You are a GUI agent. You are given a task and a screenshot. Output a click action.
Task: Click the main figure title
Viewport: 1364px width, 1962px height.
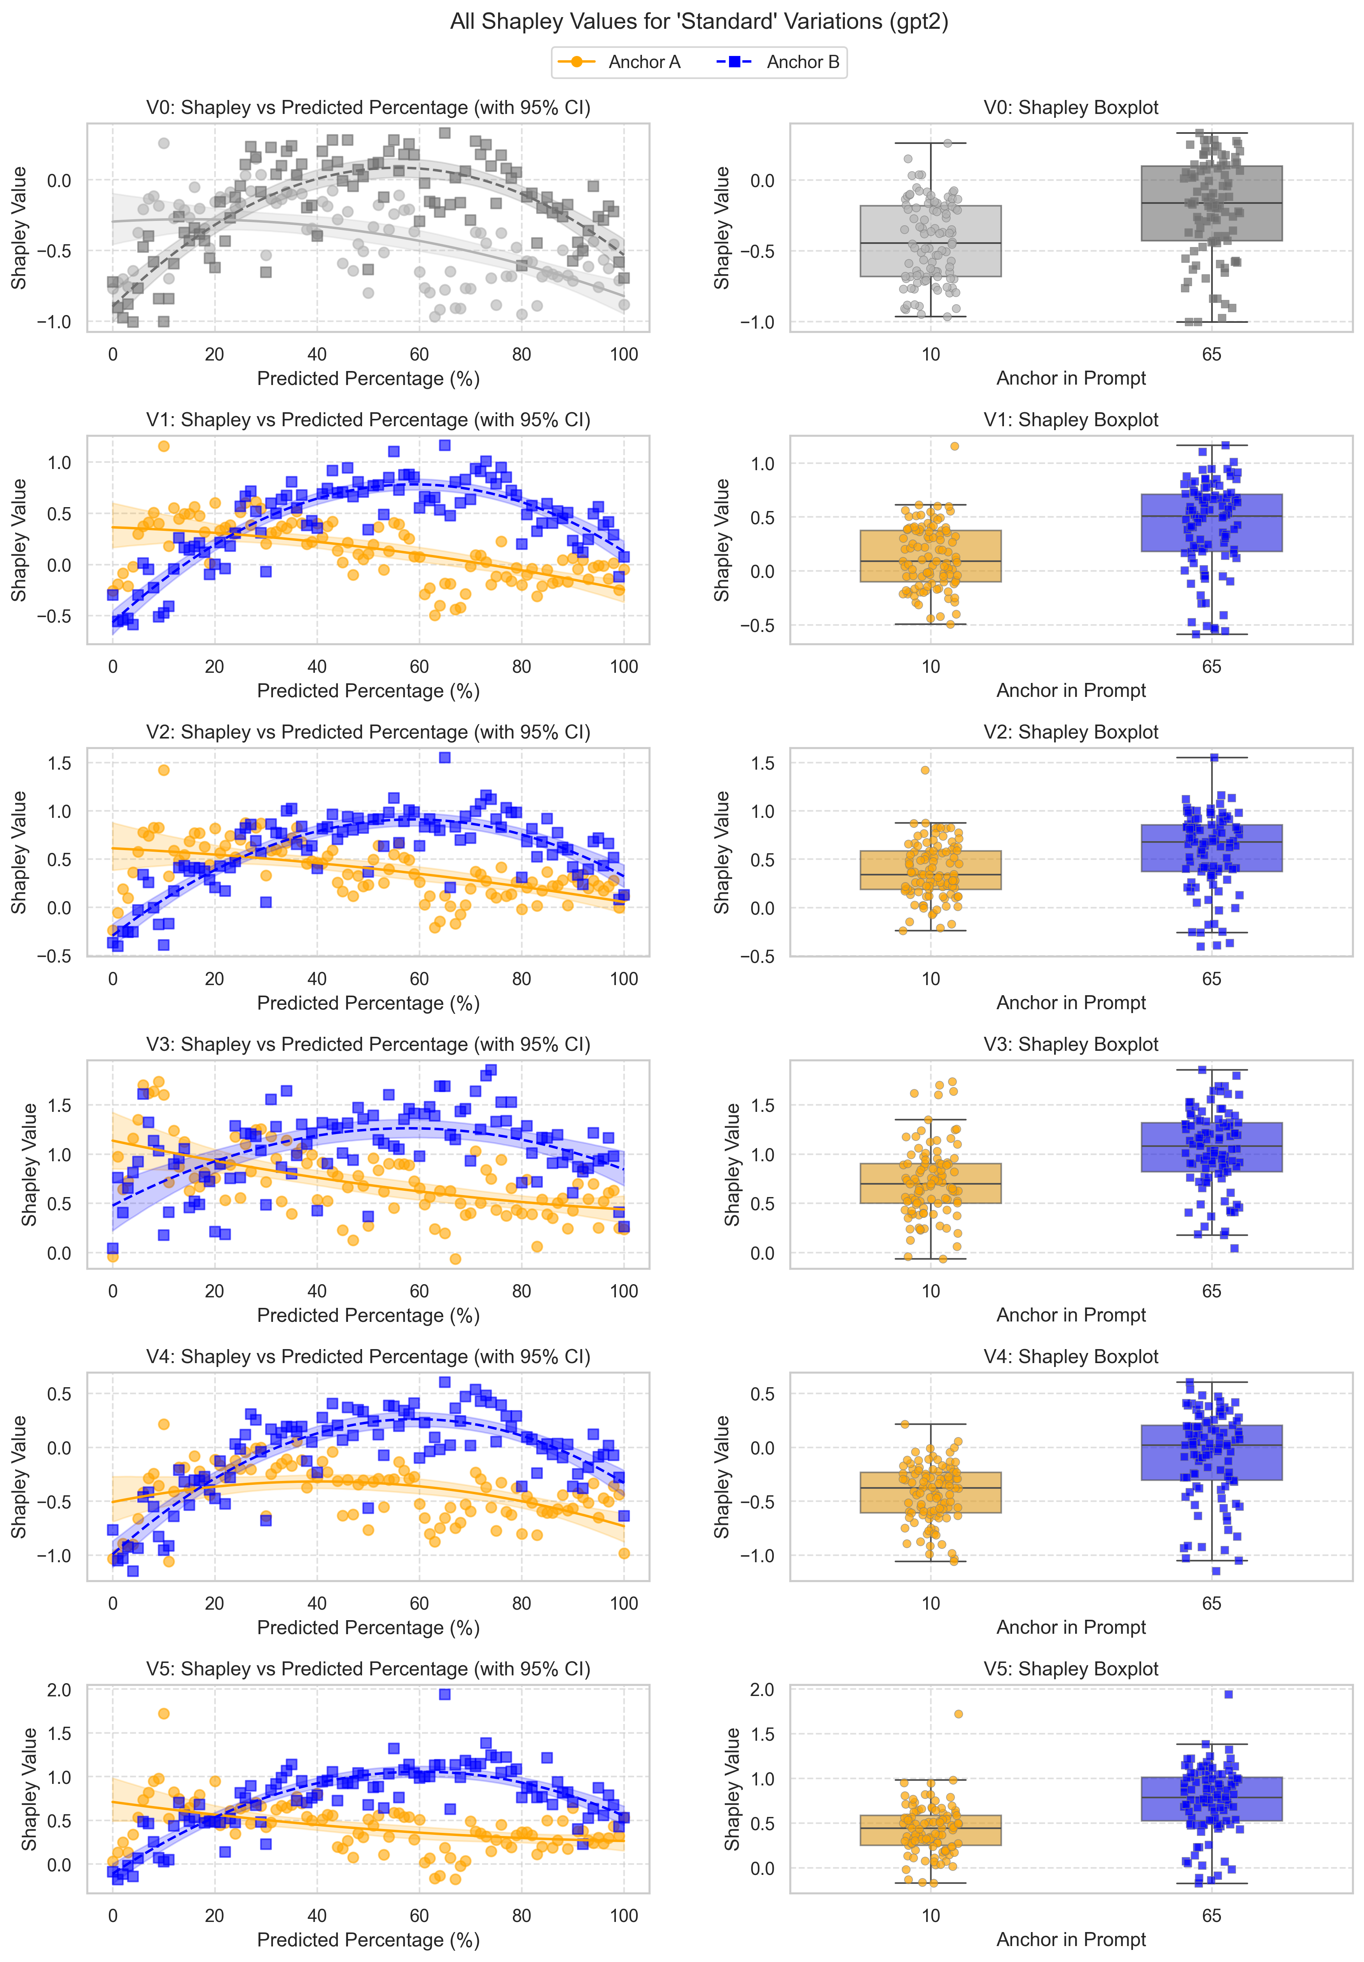click(x=699, y=21)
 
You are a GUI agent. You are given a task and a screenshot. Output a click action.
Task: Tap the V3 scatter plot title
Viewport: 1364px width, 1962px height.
click(x=368, y=1044)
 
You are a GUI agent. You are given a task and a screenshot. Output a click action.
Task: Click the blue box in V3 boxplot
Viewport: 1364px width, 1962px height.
click(x=1211, y=1147)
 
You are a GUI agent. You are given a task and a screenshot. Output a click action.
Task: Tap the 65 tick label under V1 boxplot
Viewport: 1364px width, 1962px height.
click(x=1211, y=667)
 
